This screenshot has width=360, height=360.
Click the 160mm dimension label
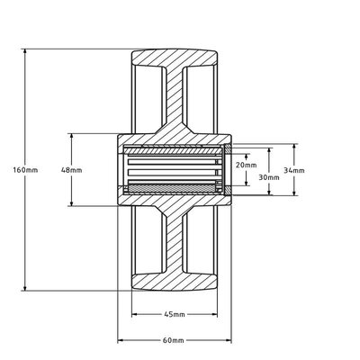(x=25, y=170)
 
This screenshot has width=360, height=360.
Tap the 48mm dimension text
(x=71, y=170)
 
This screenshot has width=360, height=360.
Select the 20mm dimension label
(x=246, y=165)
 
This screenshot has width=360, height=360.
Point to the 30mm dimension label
(x=269, y=177)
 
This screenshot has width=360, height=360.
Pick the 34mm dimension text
(x=294, y=170)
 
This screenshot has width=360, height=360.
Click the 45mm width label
(x=175, y=314)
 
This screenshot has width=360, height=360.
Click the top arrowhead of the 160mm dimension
(x=25, y=51)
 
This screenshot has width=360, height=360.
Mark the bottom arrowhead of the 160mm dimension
(x=25, y=288)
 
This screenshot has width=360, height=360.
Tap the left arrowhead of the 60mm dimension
(x=121, y=340)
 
